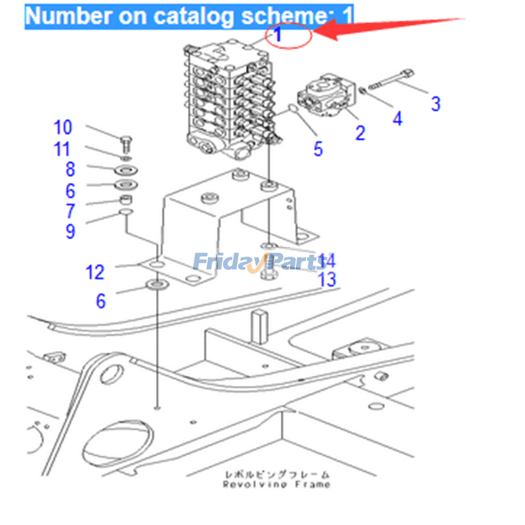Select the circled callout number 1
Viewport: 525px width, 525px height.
pos(278,35)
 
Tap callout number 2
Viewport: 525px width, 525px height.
pos(360,132)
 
